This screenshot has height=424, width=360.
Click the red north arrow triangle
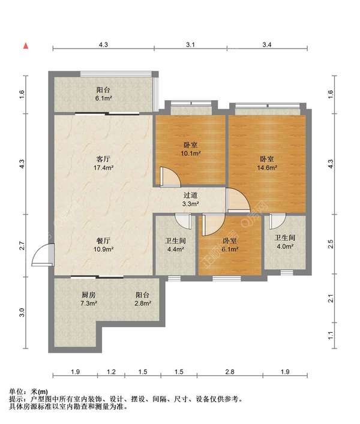[x=26, y=46]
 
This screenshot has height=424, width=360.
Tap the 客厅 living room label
[x=103, y=159]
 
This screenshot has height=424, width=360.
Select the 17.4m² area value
[x=103, y=168]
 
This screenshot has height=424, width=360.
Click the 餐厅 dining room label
[x=103, y=240]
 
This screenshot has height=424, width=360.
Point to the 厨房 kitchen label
[x=88, y=294]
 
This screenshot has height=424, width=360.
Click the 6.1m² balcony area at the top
[x=103, y=98]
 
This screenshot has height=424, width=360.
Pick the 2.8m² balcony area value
[x=143, y=303]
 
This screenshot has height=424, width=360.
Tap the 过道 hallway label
[x=191, y=195]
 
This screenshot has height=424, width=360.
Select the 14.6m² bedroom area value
[x=266, y=168]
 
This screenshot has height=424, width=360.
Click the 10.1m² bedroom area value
[x=191, y=154]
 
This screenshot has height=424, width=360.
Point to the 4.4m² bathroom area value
[x=176, y=249]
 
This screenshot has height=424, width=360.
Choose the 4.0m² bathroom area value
[x=285, y=246]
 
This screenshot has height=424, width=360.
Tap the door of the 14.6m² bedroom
[x=238, y=200]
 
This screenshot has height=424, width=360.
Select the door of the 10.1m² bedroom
[x=170, y=176]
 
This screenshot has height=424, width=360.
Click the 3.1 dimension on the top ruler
[x=190, y=44]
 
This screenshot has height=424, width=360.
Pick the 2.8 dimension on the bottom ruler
[x=230, y=372]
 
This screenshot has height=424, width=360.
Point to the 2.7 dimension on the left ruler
[x=22, y=245]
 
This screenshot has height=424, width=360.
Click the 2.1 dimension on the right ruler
[x=330, y=299]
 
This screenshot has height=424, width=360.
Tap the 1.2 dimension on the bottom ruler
[x=111, y=372]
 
